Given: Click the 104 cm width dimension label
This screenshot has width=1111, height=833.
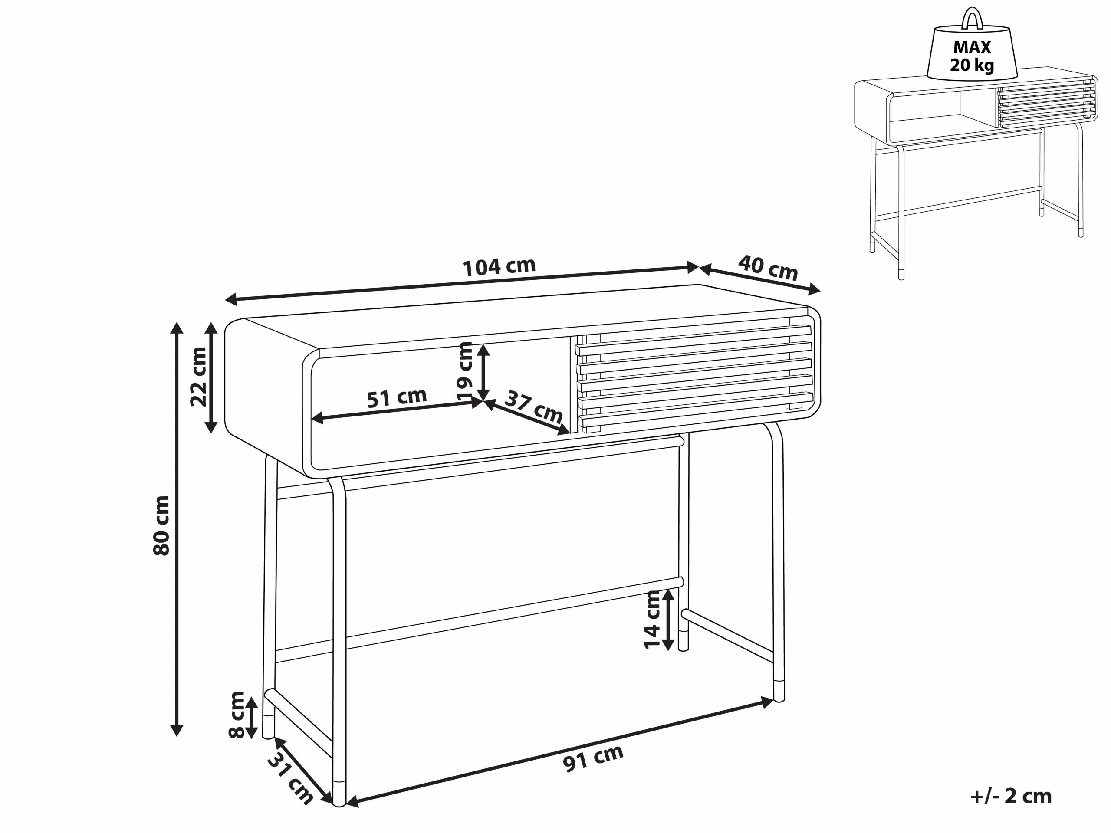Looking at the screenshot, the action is [499, 267].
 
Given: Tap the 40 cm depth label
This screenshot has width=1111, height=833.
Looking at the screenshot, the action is [768, 268].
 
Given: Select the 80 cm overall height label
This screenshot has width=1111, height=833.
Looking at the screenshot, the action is [161, 525].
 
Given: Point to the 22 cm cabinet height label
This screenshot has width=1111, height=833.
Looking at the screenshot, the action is [198, 377].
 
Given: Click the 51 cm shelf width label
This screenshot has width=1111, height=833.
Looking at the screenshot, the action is [397, 398].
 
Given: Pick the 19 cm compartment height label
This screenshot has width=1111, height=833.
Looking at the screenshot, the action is [465, 371].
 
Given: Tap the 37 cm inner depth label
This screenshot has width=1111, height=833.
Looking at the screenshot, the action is [533, 407].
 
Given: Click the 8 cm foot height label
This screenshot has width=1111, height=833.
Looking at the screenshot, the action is [237, 715].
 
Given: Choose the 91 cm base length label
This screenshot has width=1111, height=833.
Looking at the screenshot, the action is [593, 759].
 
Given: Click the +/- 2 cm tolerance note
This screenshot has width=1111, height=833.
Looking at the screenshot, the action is [1011, 797].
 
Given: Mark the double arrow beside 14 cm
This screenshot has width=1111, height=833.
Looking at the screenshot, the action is [668, 620].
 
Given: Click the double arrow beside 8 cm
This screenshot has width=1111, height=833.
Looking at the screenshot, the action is [251, 717].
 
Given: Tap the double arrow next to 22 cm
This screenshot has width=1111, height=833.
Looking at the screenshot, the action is [211, 377].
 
